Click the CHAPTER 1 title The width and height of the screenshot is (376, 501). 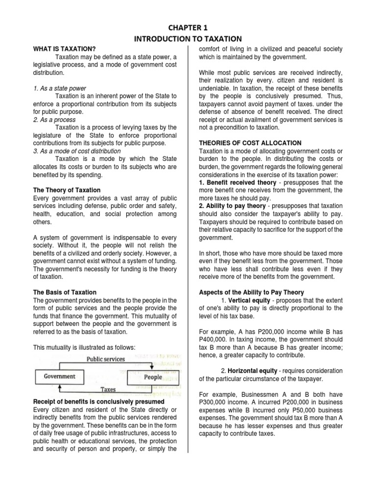[188, 27]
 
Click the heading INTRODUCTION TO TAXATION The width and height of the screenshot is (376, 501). [188, 39]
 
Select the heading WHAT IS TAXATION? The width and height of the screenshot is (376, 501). [64, 49]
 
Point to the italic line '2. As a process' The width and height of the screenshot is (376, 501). [54, 120]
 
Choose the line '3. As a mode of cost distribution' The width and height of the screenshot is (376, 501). [79, 151]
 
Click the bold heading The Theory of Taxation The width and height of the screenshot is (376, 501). [67, 190]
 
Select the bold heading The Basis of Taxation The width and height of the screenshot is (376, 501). [65, 292]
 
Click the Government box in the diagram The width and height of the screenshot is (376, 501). [60, 377]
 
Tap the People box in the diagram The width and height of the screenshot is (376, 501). [153, 377]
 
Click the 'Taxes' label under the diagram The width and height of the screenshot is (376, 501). [108, 390]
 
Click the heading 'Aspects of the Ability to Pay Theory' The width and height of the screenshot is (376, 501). [252, 292]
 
